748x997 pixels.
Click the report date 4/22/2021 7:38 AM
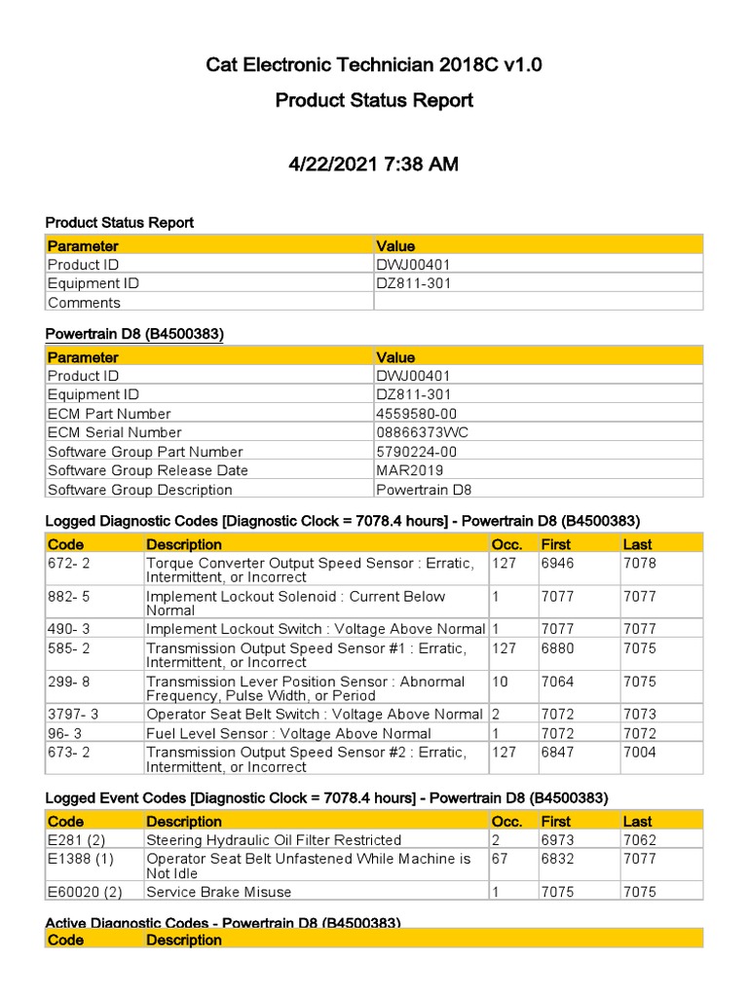373,165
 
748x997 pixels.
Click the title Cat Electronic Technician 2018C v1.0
373,65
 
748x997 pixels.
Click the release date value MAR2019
408,470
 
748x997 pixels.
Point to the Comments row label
84,303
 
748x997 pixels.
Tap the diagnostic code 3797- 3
73,715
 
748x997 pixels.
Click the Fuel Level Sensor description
288,733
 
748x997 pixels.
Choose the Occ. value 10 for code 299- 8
500,682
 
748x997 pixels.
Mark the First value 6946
558,564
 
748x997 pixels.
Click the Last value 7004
640,753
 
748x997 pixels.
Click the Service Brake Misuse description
218,892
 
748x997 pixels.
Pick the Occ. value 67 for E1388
500,859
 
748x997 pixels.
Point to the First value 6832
558,859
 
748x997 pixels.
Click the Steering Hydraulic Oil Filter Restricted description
273,840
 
